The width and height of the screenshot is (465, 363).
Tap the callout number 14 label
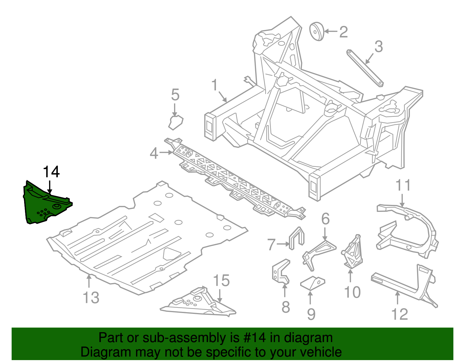coord(51,172)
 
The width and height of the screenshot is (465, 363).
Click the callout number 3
coord(378,47)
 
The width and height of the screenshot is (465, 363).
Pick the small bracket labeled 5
coord(176,122)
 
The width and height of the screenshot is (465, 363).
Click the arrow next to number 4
coord(166,152)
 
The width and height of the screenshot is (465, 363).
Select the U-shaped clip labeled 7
coord(297,238)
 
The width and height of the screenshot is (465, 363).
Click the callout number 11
coord(403,185)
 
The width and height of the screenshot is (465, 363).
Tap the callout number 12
coord(400,314)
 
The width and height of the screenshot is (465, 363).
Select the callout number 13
coord(91,298)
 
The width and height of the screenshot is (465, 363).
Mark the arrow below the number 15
coord(220,296)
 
